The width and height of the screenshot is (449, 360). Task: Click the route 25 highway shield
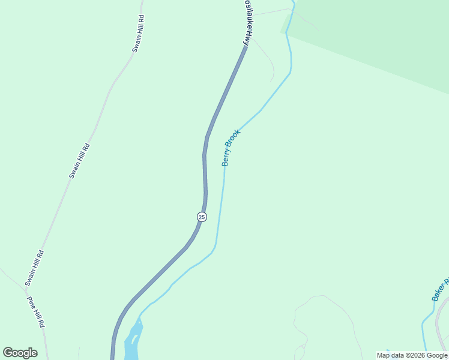click(202, 217)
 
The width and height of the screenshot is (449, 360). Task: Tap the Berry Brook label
click(231, 148)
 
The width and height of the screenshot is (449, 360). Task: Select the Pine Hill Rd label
click(36, 311)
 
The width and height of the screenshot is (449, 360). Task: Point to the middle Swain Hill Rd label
click(79, 161)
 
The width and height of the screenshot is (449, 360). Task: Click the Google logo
click(20, 353)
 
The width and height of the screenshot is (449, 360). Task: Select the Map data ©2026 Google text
click(412, 355)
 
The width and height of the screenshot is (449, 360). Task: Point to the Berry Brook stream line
click(220, 210)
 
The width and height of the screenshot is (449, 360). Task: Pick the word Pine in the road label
click(32, 304)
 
